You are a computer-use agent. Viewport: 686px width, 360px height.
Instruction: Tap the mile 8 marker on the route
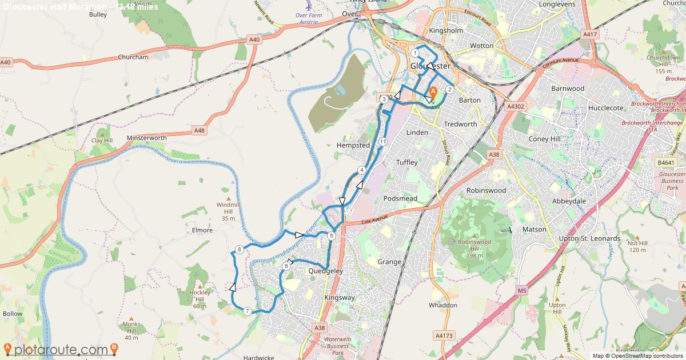tap(240, 250)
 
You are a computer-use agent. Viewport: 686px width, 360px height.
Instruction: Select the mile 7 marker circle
tap(247, 311)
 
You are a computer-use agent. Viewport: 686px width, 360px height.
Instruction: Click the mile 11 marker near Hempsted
tap(382, 142)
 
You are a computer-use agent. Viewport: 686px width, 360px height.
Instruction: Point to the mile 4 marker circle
tap(362, 170)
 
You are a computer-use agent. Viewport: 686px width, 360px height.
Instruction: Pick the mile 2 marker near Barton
tap(450, 89)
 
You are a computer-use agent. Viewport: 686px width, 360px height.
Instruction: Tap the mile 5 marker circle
tap(332, 235)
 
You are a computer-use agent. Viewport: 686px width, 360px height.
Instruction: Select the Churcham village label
tap(133, 57)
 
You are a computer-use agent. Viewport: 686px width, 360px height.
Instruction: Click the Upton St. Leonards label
tap(589, 238)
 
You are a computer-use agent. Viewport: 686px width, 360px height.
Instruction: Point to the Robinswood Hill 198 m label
tap(474, 248)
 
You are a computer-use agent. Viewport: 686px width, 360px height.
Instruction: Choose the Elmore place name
tap(202, 230)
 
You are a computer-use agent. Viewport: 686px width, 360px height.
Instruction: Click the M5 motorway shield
tap(522, 291)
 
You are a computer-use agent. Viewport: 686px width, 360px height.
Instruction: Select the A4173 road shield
tap(443, 335)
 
